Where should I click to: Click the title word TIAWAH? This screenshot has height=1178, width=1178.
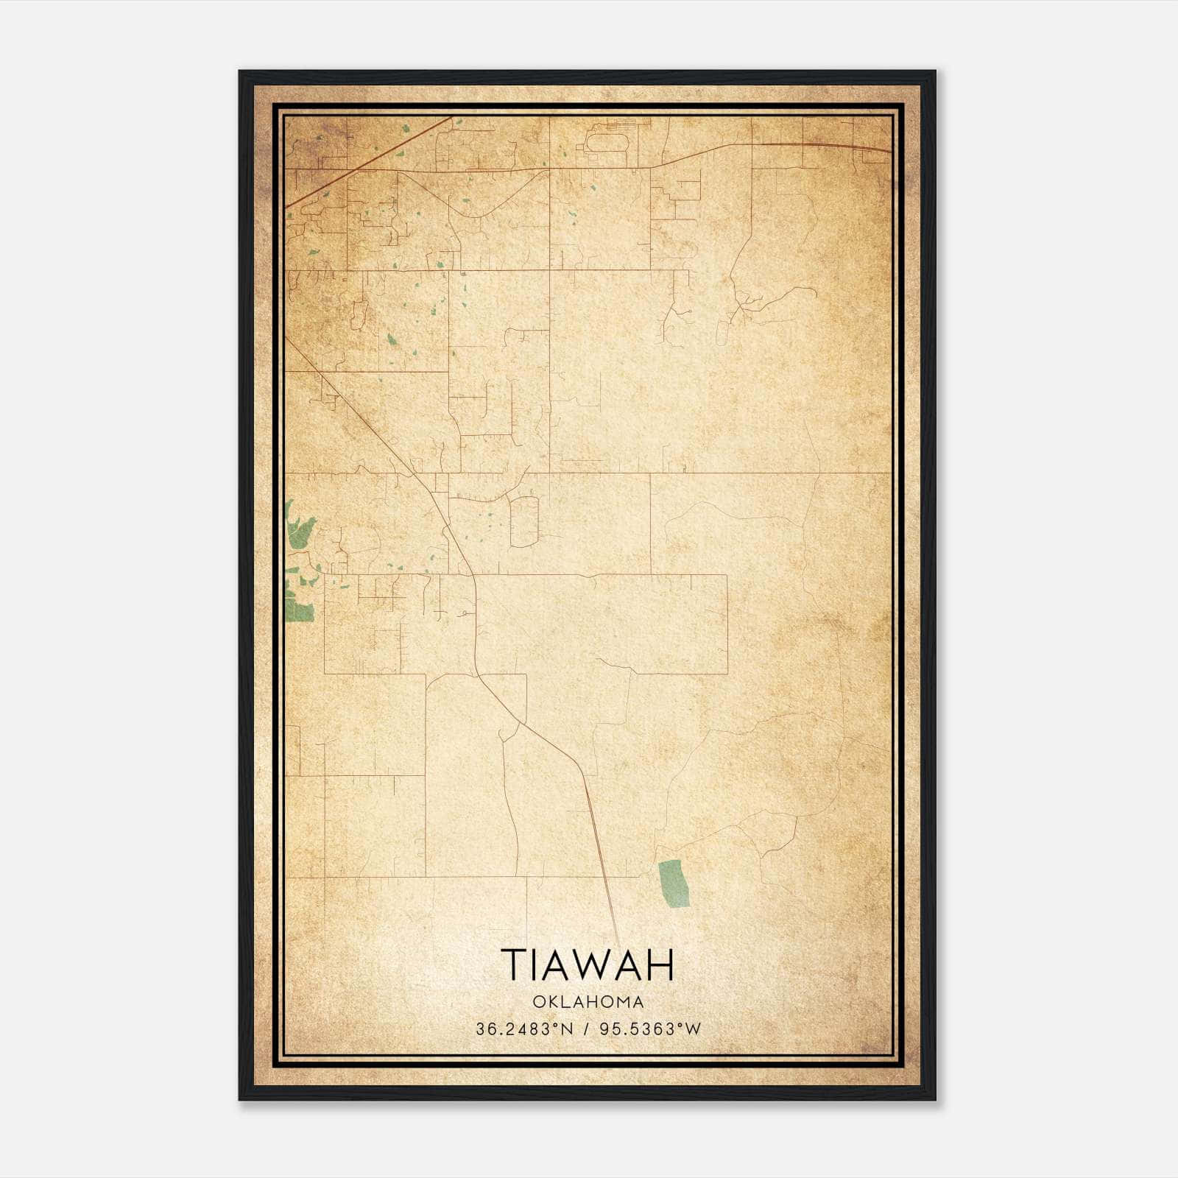[x=588, y=964]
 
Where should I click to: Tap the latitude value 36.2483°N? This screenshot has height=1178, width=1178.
[x=523, y=1029]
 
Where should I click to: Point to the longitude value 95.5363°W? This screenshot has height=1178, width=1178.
[x=651, y=1029]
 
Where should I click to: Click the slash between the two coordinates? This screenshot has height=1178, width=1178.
[x=587, y=1029]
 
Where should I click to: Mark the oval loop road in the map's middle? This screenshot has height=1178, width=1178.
[x=524, y=521]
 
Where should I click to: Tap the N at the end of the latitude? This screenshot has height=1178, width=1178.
[x=568, y=1029]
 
